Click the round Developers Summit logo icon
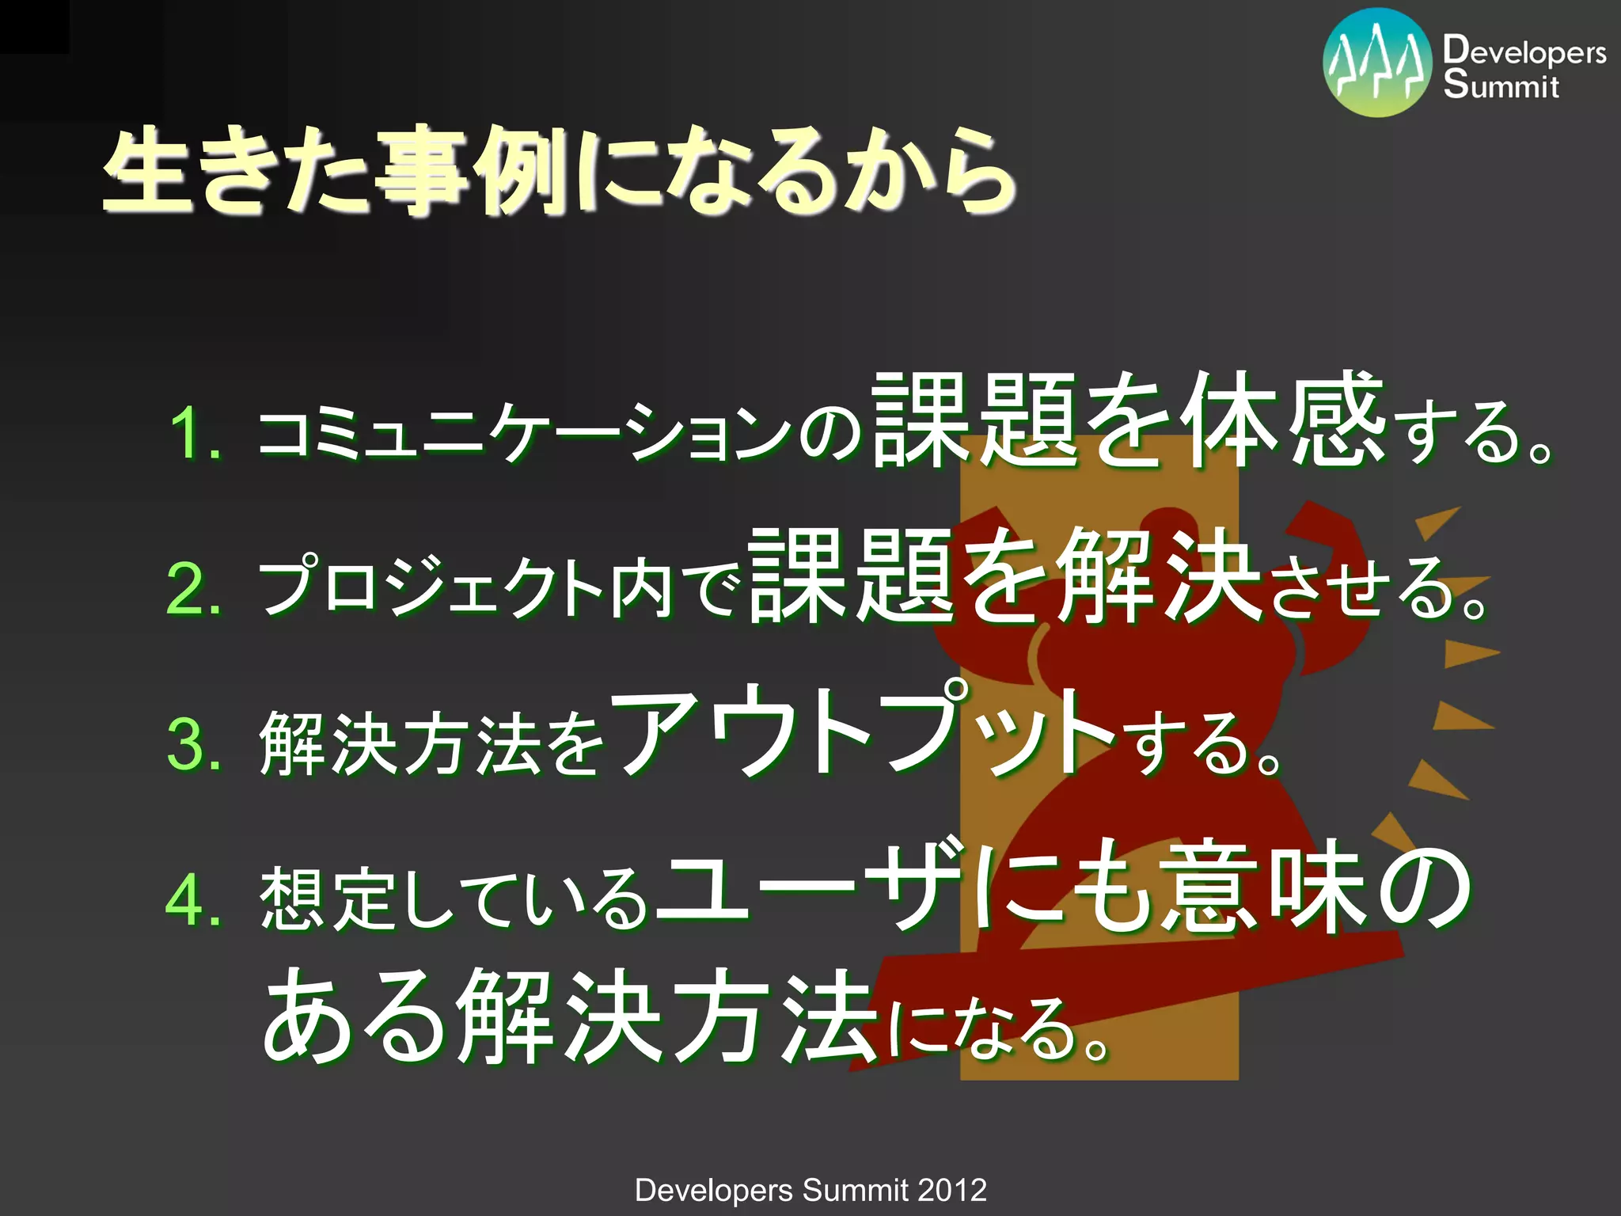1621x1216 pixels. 1376,63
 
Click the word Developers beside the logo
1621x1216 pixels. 1524,51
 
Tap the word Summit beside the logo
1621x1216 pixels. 1500,85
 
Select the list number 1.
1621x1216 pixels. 194,434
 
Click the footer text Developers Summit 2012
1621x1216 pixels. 810,1190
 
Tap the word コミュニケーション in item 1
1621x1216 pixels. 522,434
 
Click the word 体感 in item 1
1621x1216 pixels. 1282,420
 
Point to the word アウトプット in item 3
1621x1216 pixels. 863,732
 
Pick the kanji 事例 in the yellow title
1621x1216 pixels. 471,170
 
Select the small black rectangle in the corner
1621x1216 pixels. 34,26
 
